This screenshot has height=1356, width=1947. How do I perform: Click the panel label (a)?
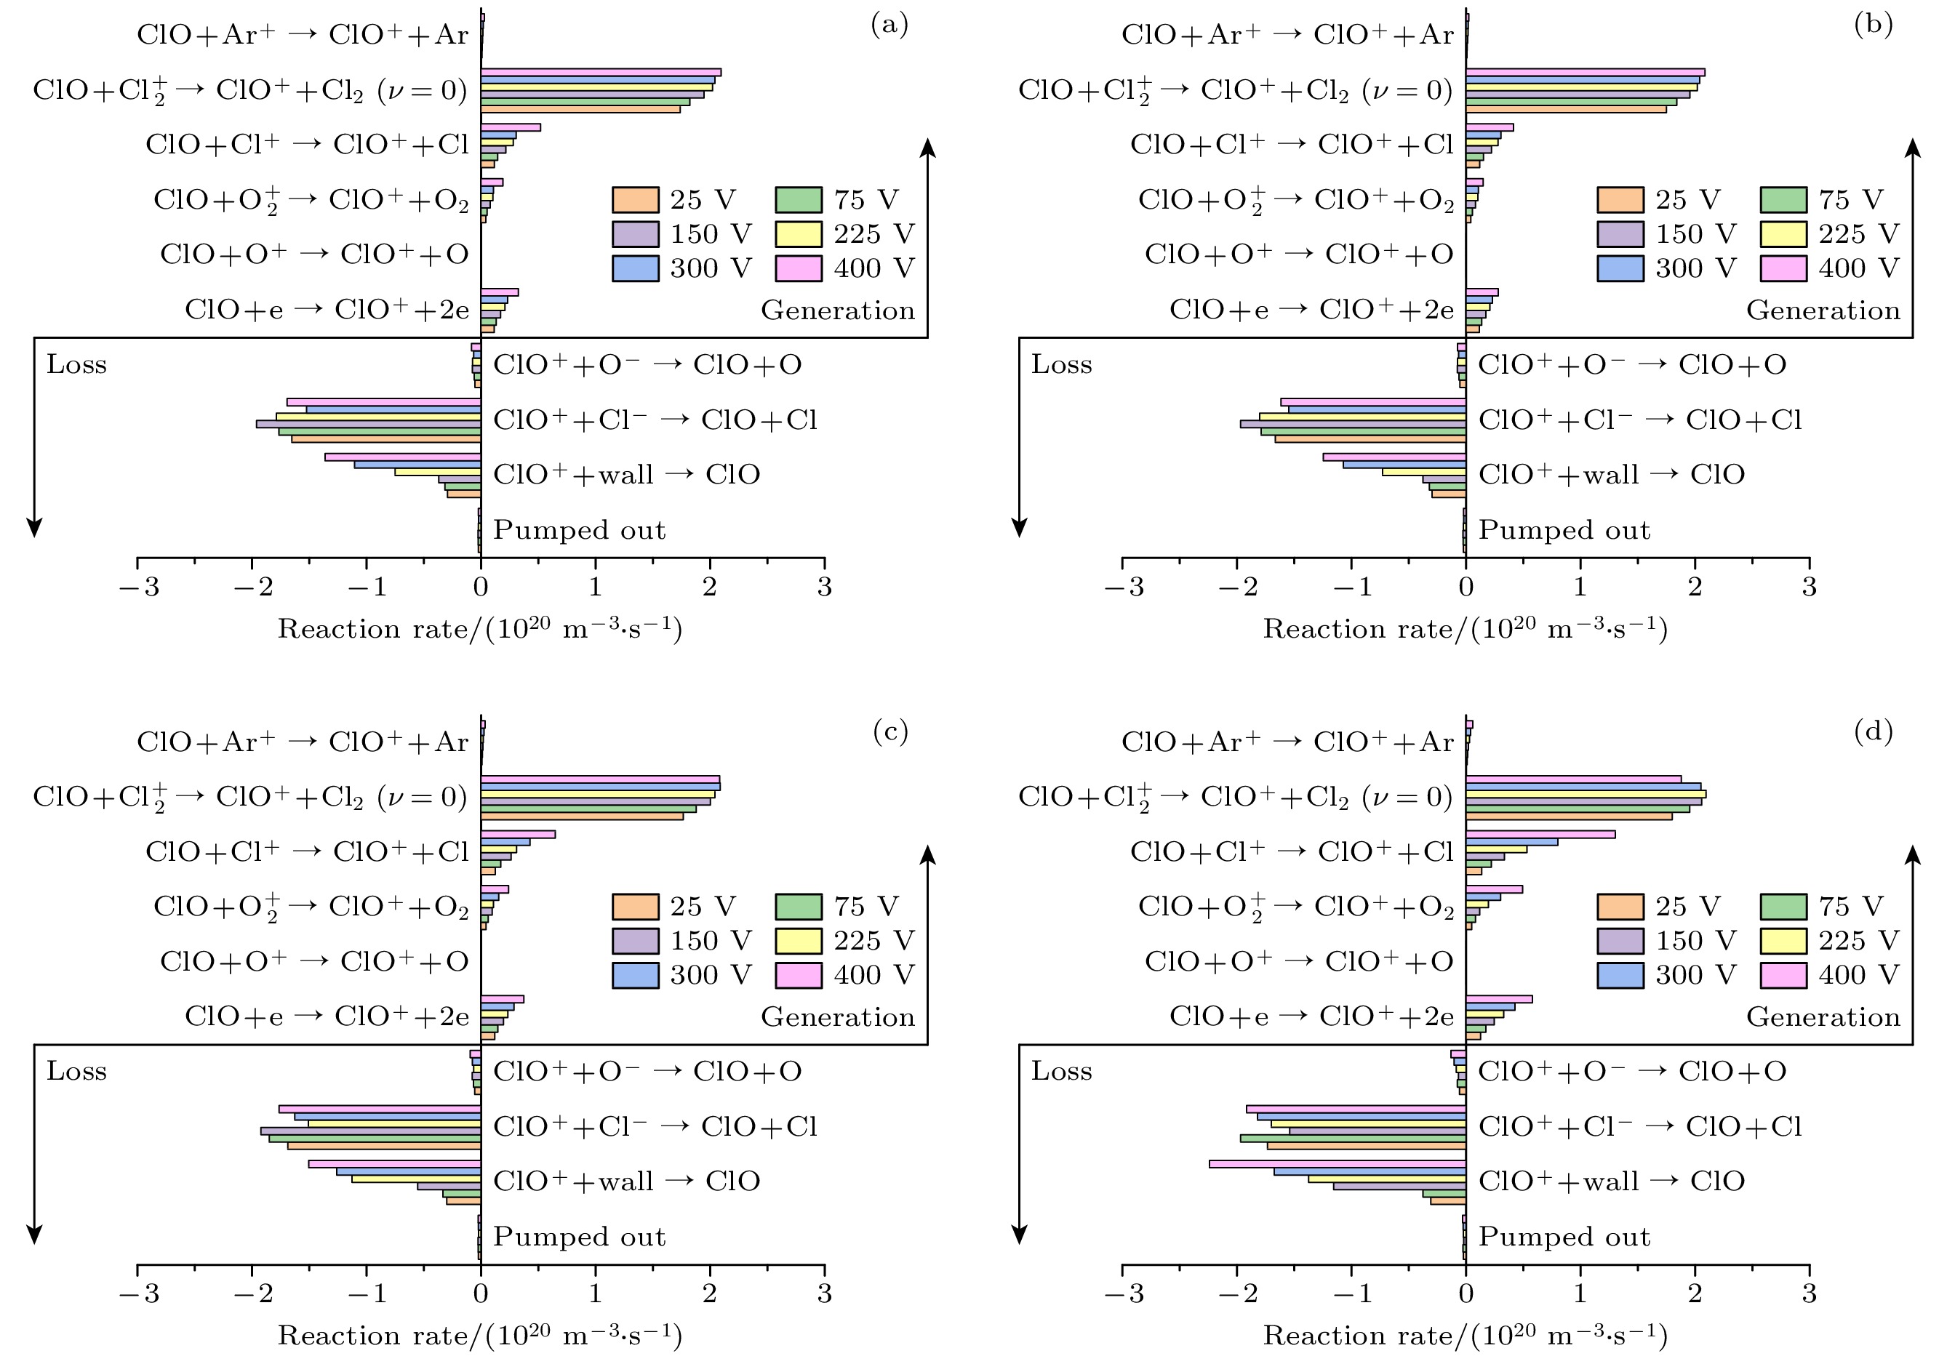click(x=889, y=25)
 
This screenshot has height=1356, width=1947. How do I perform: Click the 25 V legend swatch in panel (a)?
click(x=635, y=200)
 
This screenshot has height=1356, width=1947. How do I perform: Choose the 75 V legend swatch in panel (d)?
click(x=1783, y=907)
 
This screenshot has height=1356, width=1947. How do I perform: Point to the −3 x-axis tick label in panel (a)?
click(x=139, y=587)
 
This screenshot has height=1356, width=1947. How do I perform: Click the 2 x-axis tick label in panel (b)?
click(x=1695, y=587)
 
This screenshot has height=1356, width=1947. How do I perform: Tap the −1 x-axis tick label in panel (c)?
click(x=367, y=1293)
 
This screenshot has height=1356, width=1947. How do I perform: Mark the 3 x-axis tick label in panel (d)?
click(x=1809, y=1293)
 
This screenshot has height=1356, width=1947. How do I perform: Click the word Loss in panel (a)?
click(x=76, y=364)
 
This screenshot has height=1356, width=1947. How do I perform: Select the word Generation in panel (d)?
click(x=1823, y=1017)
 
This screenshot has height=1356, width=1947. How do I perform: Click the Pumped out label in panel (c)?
click(x=579, y=1237)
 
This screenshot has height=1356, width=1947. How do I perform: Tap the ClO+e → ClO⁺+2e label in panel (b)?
click(x=1311, y=310)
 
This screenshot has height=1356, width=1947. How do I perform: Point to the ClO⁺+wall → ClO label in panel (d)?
click(x=1611, y=1182)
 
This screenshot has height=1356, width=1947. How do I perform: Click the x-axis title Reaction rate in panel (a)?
click(x=480, y=629)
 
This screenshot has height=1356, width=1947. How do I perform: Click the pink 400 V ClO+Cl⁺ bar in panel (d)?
click(x=1540, y=835)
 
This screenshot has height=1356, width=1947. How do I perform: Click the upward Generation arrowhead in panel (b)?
click(x=1912, y=149)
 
